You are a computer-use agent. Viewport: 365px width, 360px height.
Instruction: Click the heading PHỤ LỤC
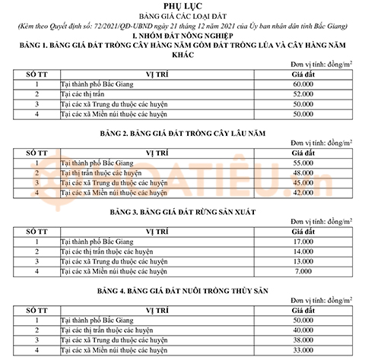click(182, 6)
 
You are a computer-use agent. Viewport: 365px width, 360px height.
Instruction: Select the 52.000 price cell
click(306, 93)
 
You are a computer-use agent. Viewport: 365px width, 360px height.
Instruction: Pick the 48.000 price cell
click(306, 173)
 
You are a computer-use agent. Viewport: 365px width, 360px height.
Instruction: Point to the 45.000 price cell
click(306, 183)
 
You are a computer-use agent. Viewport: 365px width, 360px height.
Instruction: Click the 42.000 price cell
click(306, 193)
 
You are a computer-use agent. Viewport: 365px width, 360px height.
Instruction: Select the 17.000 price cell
click(306, 242)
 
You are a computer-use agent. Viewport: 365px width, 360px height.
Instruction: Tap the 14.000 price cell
click(306, 251)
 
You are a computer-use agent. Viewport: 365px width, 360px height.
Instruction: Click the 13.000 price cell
click(306, 261)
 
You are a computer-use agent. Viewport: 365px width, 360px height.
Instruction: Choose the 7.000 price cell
click(306, 271)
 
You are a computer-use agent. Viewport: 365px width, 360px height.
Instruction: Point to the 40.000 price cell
click(306, 330)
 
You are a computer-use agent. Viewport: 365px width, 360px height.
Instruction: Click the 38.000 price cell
click(306, 340)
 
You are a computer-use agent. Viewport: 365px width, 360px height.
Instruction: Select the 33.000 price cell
click(306, 350)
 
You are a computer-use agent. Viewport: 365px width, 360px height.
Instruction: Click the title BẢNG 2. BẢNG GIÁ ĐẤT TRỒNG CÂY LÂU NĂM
click(182, 133)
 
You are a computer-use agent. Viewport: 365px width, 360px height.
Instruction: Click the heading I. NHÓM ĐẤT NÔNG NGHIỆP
click(182, 36)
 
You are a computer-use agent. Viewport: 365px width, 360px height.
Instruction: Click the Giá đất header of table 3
click(306, 231)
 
